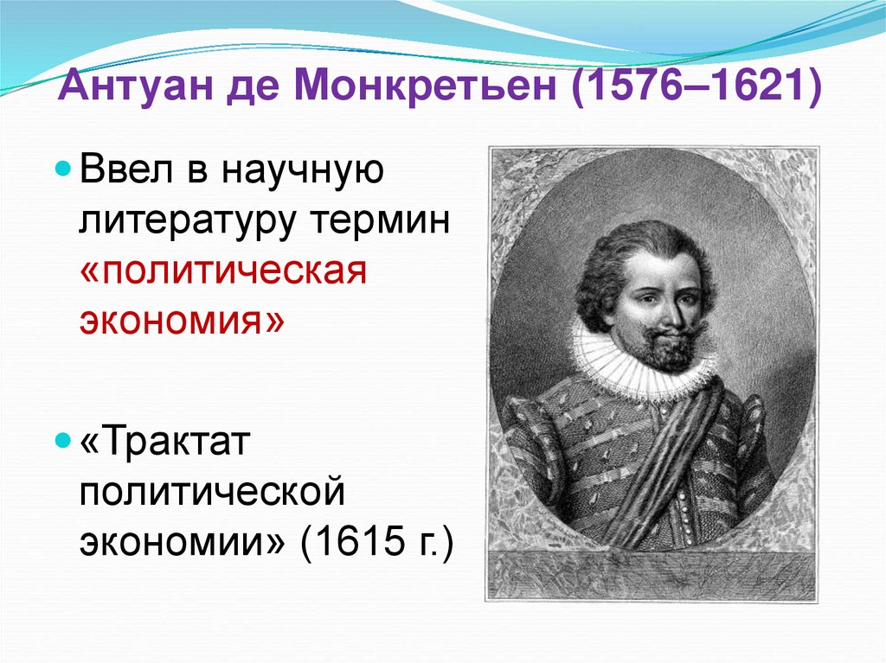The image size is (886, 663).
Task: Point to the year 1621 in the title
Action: click(x=754, y=90)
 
